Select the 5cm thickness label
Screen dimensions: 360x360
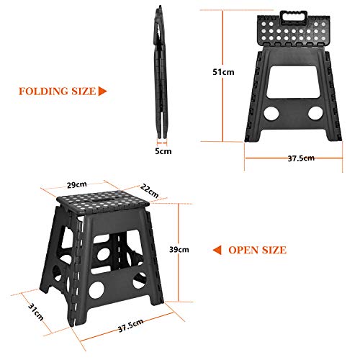tap(163, 151)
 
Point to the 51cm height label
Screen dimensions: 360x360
tap(228, 72)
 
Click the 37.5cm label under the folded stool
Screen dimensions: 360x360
tap(300, 158)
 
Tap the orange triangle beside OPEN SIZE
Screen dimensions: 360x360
tap(217, 250)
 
